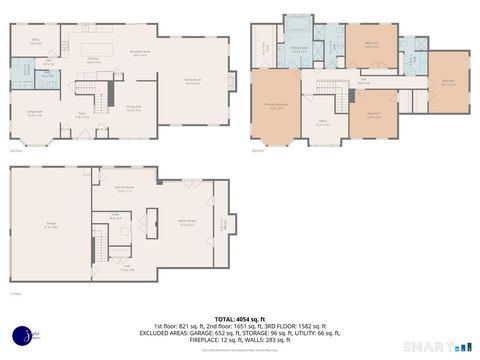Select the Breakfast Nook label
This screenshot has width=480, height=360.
(x=141, y=55)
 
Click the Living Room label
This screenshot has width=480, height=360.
(x=34, y=113)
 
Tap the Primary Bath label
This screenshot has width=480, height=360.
(x=298, y=48)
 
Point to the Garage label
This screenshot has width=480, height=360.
(x=50, y=226)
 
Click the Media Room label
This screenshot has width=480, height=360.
(x=186, y=224)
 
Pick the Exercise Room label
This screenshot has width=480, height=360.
(x=123, y=188)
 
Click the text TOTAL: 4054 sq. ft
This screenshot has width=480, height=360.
(x=240, y=317)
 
